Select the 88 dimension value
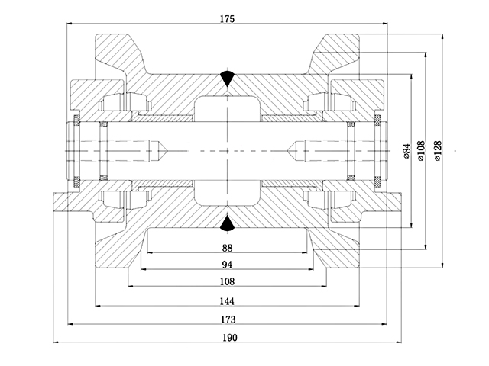coord(228,247)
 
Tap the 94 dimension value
coord(228,265)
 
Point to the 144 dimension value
coord(228,300)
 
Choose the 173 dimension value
coord(228,319)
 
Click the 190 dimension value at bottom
coord(228,338)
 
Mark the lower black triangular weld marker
coord(228,222)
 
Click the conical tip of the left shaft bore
coord(163,149)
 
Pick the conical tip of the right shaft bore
coord(291,149)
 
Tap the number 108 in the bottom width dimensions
coord(228,282)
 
